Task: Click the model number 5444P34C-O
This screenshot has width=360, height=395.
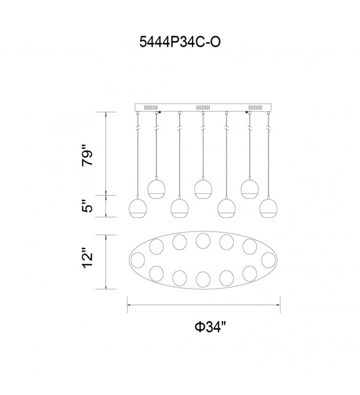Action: point(180,42)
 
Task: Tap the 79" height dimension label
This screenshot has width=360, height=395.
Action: point(87,158)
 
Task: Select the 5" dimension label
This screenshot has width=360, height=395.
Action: point(87,206)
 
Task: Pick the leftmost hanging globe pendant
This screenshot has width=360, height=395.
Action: point(138,208)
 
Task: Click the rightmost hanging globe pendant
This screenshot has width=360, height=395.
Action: point(268,208)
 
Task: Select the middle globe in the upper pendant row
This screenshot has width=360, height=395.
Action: point(203,189)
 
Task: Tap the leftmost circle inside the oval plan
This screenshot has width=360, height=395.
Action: point(138,260)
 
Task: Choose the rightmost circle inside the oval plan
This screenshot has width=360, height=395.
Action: point(268,260)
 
